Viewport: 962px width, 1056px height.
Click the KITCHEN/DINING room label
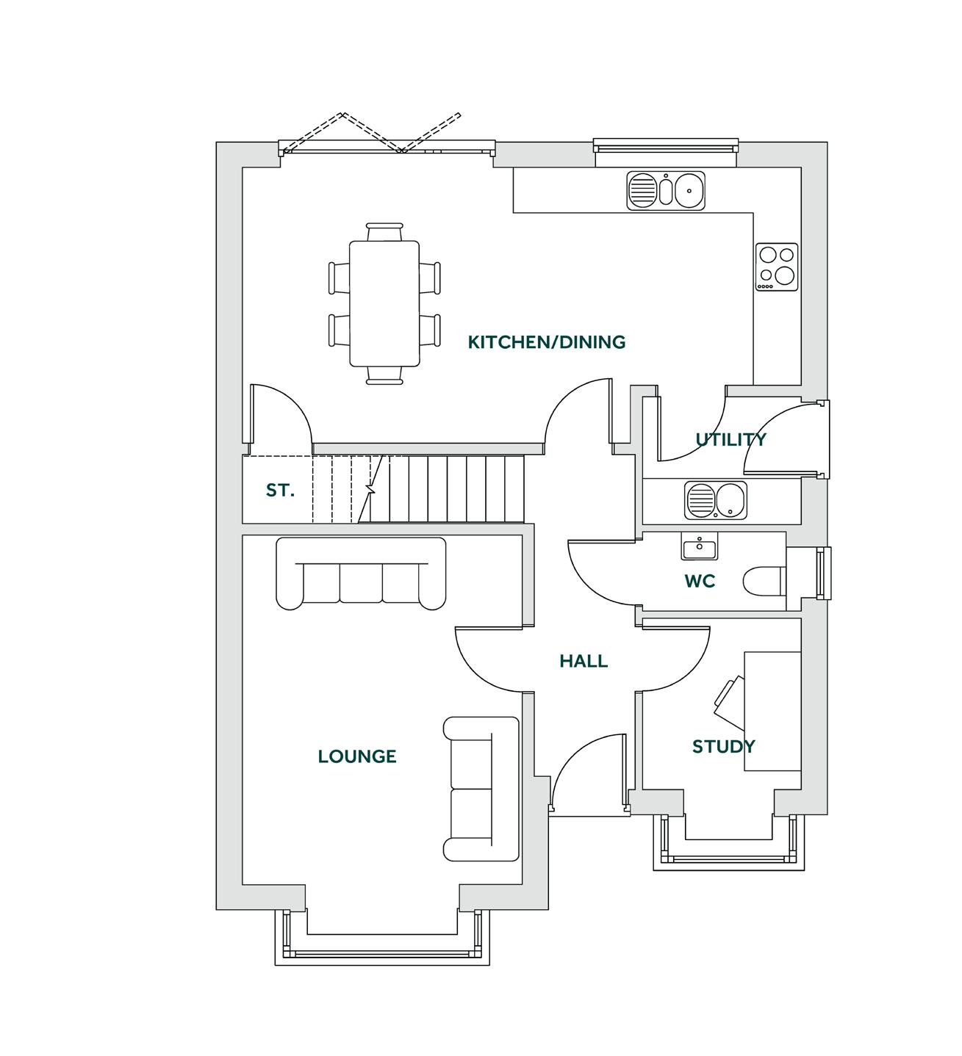pyautogui.click(x=547, y=342)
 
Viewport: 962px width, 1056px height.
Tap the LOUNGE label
pyautogui.click(x=357, y=756)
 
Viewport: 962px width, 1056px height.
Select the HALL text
pyautogui.click(x=584, y=661)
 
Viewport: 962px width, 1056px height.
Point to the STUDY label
pyautogui.click(x=723, y=747)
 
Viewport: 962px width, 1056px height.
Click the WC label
pyautogui.click(x=700, y=582)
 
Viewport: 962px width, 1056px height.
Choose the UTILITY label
pyautogui.click(x=731, y=440)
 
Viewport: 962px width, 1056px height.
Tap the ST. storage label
pyautogui.click(x=280, y=491)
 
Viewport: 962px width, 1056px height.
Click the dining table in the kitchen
pyautogui.click(x=384, y=303)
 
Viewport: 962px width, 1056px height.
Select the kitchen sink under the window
pyautogui.click(x=666, y=191)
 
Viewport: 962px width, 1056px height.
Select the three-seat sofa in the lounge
pyautogui.click(x=361, y=574)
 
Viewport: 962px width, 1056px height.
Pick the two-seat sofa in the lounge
pyautogui.click(x=481, y=789)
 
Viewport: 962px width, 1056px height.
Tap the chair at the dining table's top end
pyautogui.click(x=384, y=232)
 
